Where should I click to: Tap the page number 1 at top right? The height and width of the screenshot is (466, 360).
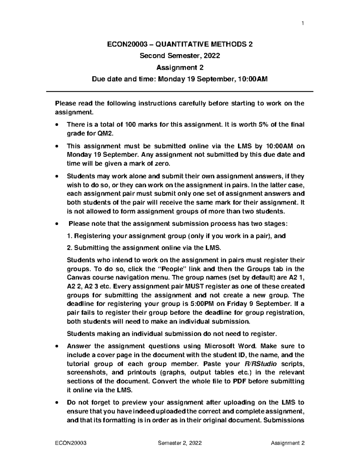pos(303,23)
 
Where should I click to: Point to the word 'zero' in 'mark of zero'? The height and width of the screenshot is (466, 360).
pos(163,164)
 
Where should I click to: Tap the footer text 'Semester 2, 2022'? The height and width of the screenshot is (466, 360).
pos(180,443)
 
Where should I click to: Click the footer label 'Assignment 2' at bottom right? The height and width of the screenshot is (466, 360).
pos(287,443)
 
